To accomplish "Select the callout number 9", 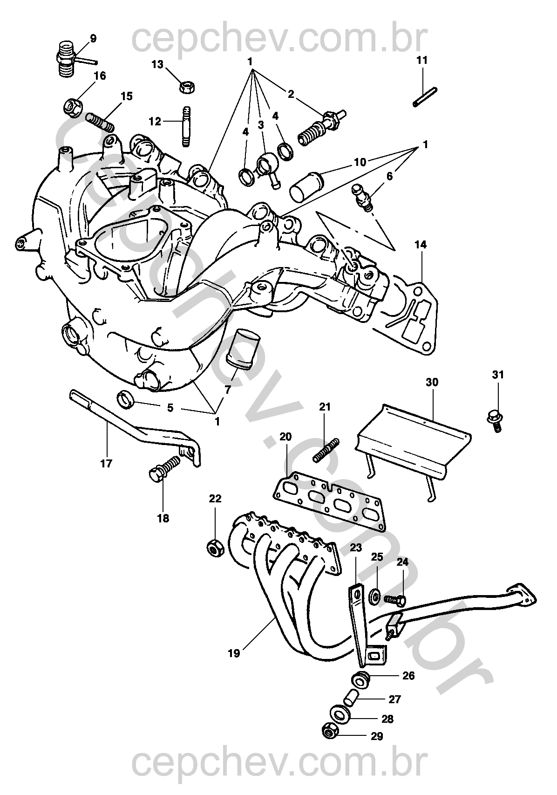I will click(x=93, y=38).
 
